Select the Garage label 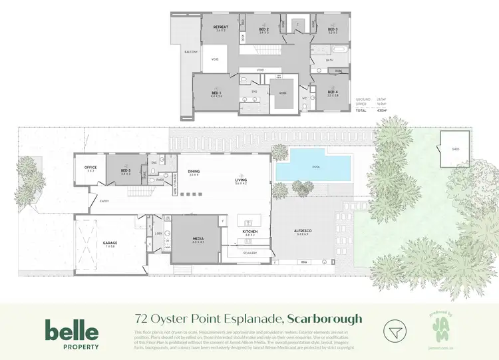(x=110, y=244)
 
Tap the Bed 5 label (x=126, y=171)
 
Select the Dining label (x=194, y=172)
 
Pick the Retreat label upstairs (x=221, y=29)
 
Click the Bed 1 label (x=216, y=94)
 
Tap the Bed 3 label (x=333, y=30)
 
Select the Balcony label (x=192, y=52)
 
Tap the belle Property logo (x=72, y=334)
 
